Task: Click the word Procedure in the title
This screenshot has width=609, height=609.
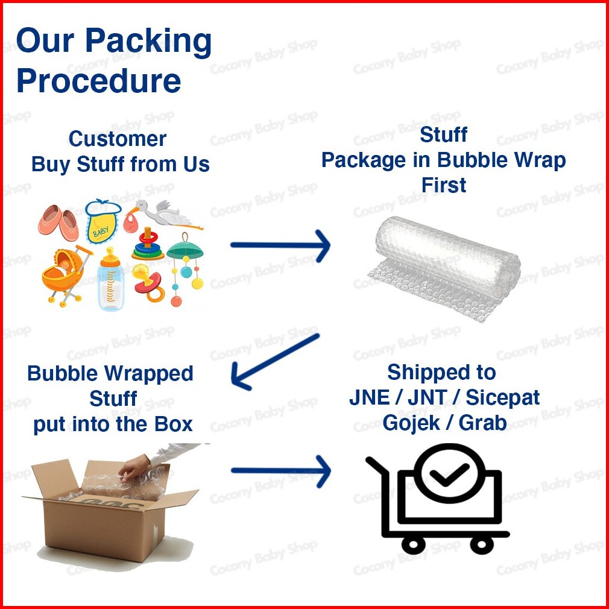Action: click(x=98, y=81)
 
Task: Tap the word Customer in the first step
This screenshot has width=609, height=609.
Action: click(x=117, y=139)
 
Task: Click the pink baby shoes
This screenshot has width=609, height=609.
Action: click(x=60, y=222)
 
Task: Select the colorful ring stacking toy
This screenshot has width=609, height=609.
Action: click(x=148, y=244)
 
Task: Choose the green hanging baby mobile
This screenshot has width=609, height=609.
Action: click(x=186, y=265)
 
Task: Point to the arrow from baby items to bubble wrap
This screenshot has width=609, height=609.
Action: click(x=280, y=245)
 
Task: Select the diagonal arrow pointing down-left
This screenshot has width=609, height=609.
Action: click(x=275, y=361)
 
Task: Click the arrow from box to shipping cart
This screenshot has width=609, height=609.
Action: click(x=280, y=470)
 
